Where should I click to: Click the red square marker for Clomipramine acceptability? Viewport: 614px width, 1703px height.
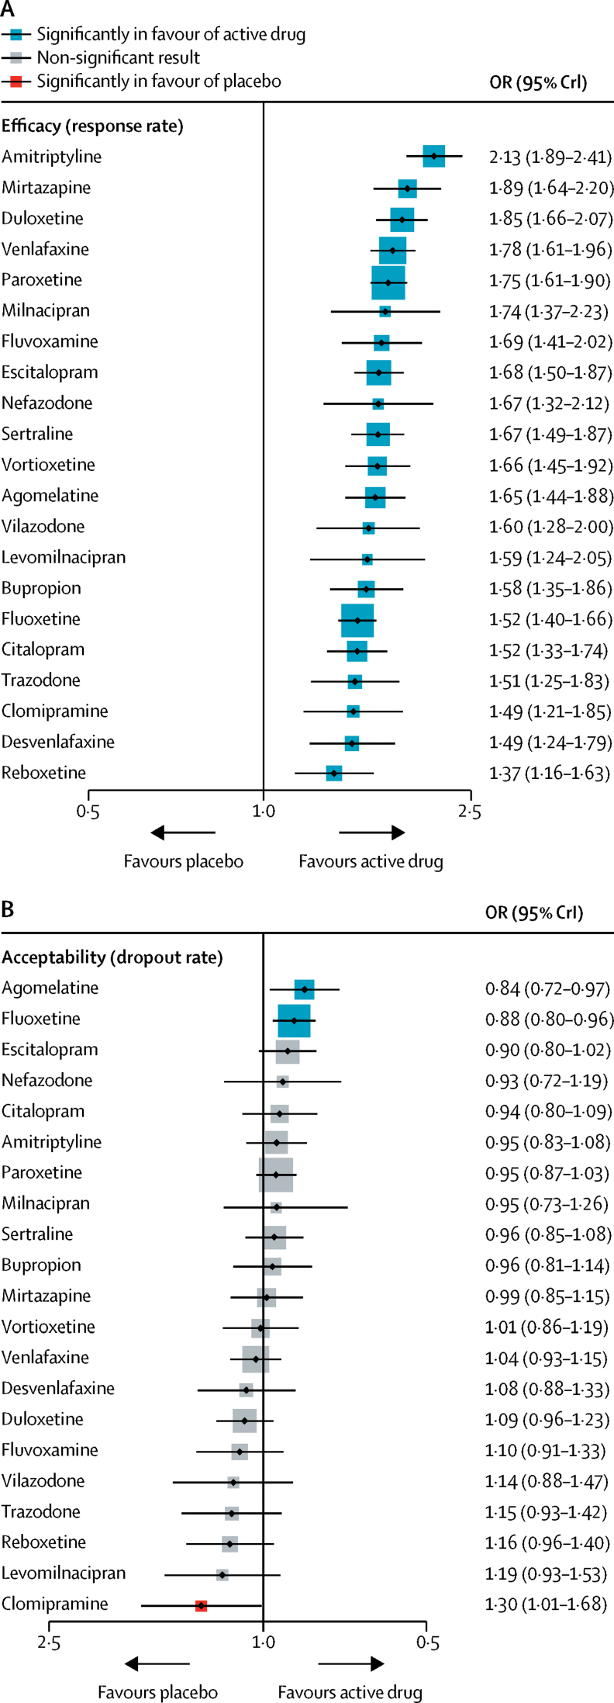tap(201, 1605)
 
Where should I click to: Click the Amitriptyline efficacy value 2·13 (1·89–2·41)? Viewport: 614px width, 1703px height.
tap(550, 157)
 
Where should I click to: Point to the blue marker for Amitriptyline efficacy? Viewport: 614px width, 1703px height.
tap(433, 156)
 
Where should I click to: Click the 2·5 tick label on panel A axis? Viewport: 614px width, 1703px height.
tap(469, 812)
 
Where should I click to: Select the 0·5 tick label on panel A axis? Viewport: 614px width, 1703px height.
tap(88, 812)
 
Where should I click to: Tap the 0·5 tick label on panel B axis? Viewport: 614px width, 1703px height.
tap(427, 1643)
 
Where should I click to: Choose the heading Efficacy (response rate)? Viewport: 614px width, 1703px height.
tap(92, 126)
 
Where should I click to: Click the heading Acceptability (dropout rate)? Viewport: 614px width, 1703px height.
tap(112, 957)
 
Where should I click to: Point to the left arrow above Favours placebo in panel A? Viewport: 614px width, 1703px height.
tap(183, 832)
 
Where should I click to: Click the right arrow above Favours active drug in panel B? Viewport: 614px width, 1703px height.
tap(351, 1663)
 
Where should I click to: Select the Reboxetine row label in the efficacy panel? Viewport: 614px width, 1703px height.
tap(43, 773)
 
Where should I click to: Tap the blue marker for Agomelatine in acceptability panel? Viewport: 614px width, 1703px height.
tap(305, 989)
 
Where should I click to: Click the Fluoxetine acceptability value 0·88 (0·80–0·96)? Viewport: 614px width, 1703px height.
tap(549, 1019)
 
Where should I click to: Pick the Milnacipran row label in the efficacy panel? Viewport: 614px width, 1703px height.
tap(46, 311)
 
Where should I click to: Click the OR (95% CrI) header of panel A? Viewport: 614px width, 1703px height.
tap(538, 82)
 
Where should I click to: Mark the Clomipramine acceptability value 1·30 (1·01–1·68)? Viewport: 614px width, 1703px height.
tap(546, 1604)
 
